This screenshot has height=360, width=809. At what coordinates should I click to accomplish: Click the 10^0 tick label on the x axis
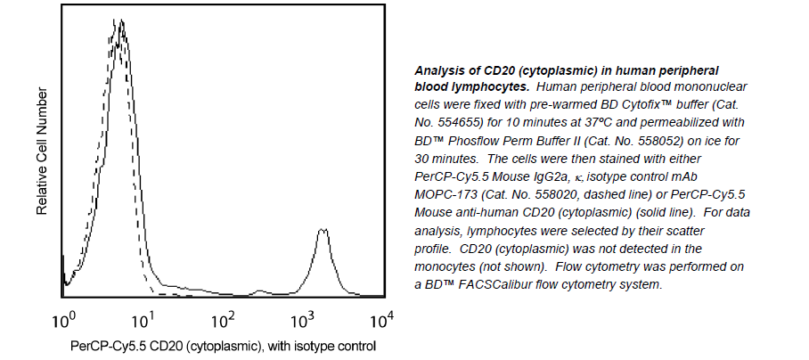click(x=66, y=318)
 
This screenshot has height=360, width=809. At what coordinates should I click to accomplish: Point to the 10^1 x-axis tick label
click(x=145, y=318)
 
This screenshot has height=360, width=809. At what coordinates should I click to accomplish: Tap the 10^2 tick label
click(x=225, y=318)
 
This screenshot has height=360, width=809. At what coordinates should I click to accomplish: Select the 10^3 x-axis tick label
click(x=304, y=318)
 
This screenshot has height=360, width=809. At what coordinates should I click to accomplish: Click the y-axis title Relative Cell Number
click(x=41, y=152)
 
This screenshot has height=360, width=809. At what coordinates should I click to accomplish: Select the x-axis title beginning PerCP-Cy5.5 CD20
click(x=223, y=345)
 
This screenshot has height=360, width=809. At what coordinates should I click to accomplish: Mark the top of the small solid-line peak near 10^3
click(x=323, y=230)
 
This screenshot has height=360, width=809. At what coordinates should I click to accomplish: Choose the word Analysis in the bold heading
click(x=443, y=70)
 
